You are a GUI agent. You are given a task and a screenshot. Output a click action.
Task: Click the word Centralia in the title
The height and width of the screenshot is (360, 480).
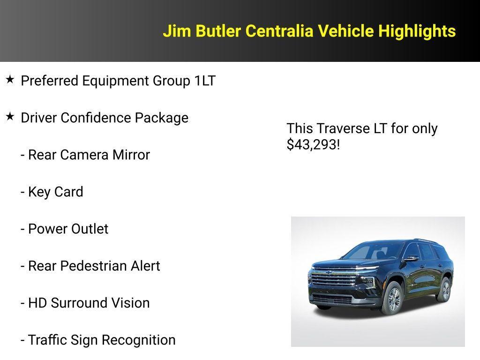280,31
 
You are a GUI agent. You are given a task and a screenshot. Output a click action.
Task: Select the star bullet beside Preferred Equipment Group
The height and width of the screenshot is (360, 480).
10,80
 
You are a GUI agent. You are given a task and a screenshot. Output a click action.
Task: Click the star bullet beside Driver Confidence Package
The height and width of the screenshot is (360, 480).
10,117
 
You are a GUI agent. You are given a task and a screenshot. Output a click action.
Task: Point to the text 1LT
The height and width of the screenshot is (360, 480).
205,81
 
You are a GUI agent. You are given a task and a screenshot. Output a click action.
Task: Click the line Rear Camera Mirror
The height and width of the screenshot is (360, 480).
85,155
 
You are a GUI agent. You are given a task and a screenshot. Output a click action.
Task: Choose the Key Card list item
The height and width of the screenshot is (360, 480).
52,192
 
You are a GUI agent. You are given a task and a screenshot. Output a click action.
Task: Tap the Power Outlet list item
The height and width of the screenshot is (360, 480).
65,229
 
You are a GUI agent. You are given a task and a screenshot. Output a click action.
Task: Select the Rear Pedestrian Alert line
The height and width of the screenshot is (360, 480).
90,266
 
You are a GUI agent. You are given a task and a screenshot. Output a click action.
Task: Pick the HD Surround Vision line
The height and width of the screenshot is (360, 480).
85,303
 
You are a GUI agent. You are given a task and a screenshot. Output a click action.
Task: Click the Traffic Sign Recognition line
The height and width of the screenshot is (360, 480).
98,340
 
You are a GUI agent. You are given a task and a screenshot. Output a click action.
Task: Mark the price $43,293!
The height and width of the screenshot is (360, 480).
313,145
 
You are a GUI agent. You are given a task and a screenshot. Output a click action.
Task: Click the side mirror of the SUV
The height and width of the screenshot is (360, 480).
411,258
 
